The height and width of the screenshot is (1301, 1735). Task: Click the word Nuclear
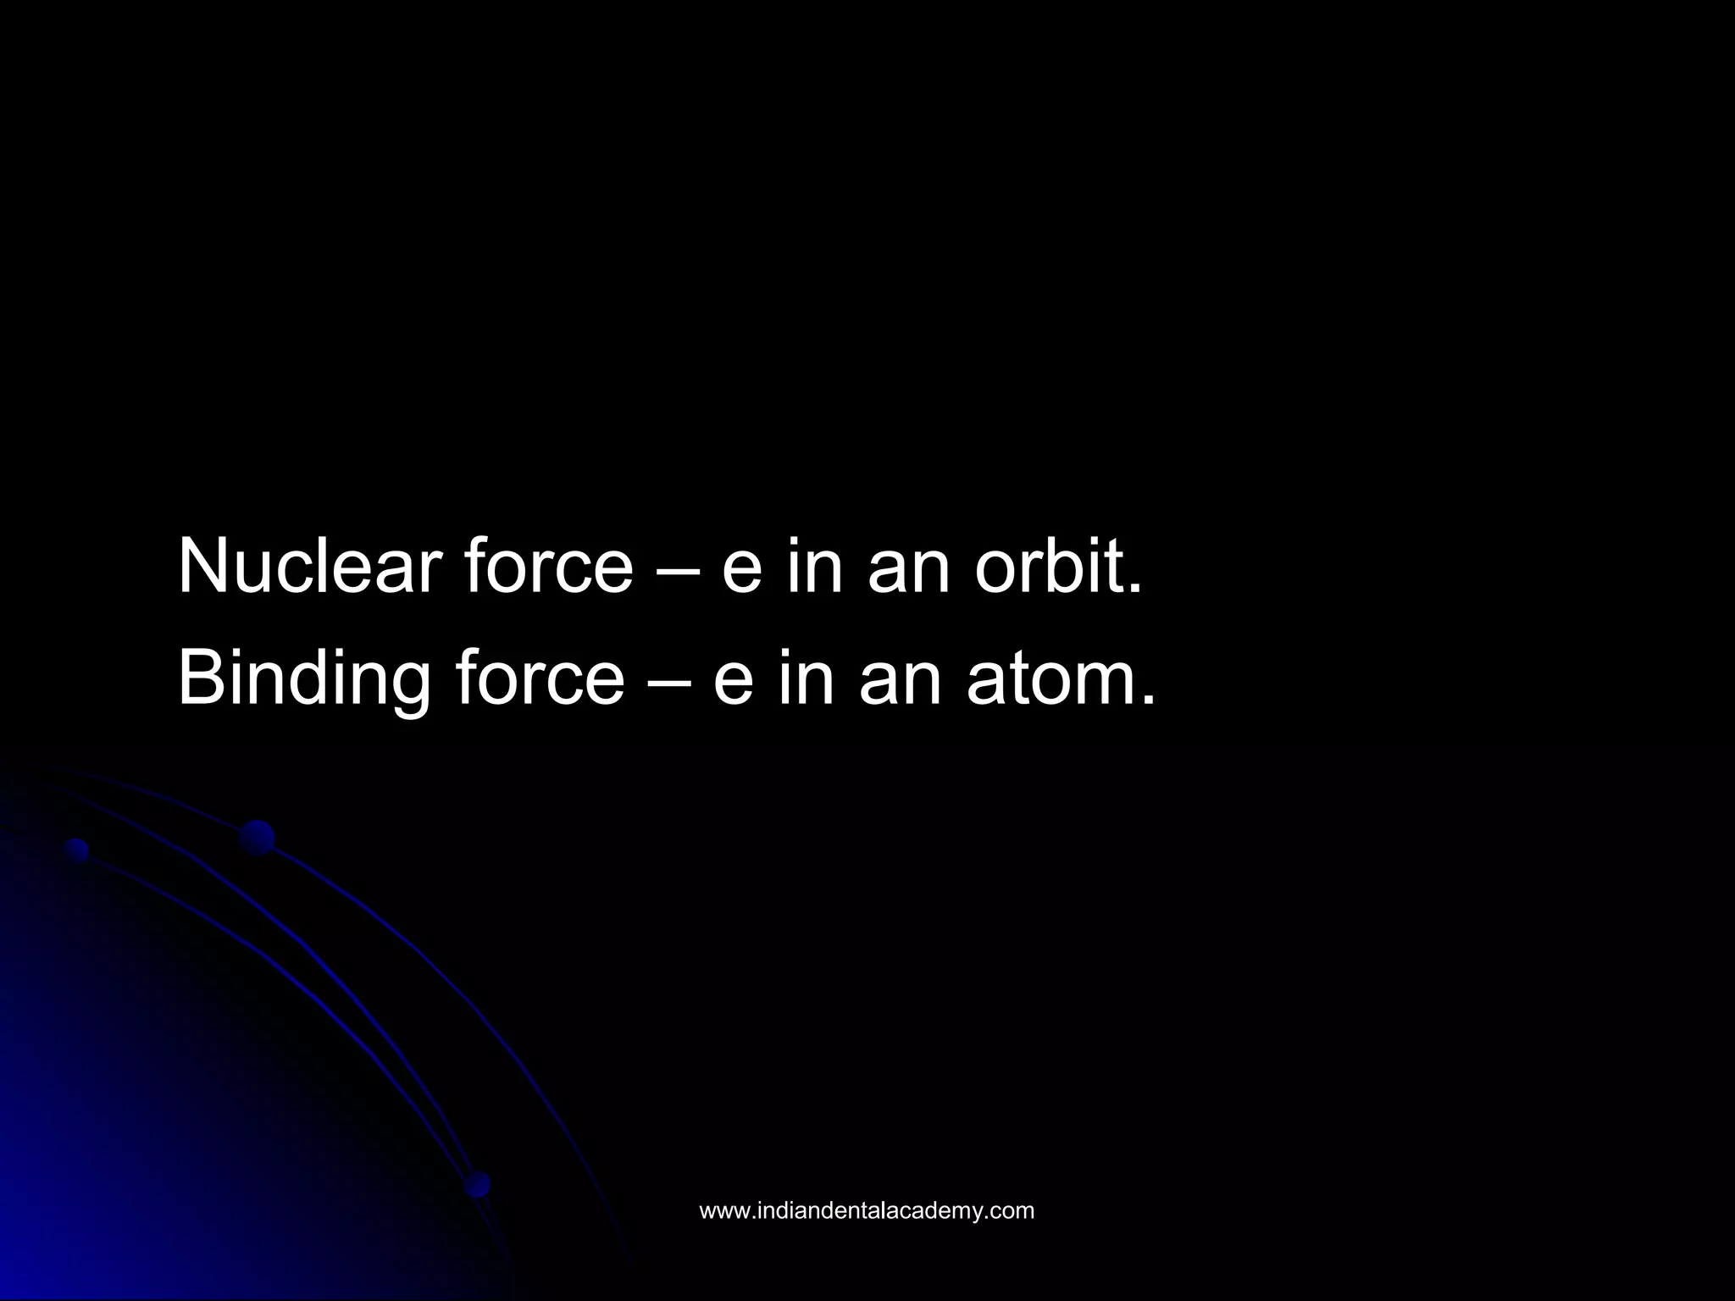308,566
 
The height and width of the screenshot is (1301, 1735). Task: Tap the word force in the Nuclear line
547,566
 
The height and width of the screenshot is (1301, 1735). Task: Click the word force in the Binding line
539,678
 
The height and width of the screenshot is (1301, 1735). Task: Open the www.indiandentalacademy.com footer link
867,1210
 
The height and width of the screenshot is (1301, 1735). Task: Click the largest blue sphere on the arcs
257,838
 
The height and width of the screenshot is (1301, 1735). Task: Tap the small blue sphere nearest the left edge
77,850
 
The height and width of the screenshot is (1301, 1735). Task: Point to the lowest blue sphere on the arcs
478,1184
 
